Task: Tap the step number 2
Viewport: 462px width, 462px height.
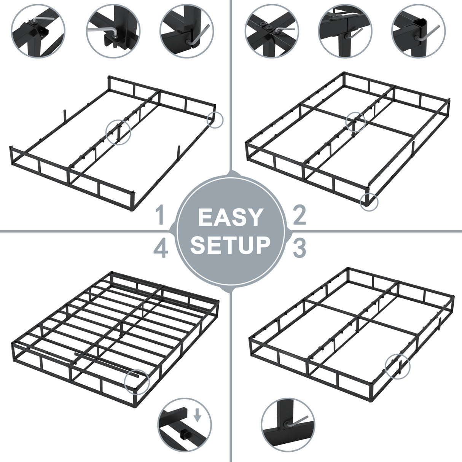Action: tap(299, 215)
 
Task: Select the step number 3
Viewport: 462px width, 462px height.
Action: tap(299, 247)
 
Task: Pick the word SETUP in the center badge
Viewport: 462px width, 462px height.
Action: tap(230, 245)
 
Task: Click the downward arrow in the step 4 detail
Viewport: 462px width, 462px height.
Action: tap(197, 416)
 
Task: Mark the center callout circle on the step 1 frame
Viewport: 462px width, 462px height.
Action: tap(118, 132)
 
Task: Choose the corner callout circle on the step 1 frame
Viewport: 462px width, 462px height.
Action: tap(215, 119)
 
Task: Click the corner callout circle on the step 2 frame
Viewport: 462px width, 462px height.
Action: tap(369, 201)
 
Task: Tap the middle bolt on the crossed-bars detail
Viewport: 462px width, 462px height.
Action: tap(269, 28)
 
